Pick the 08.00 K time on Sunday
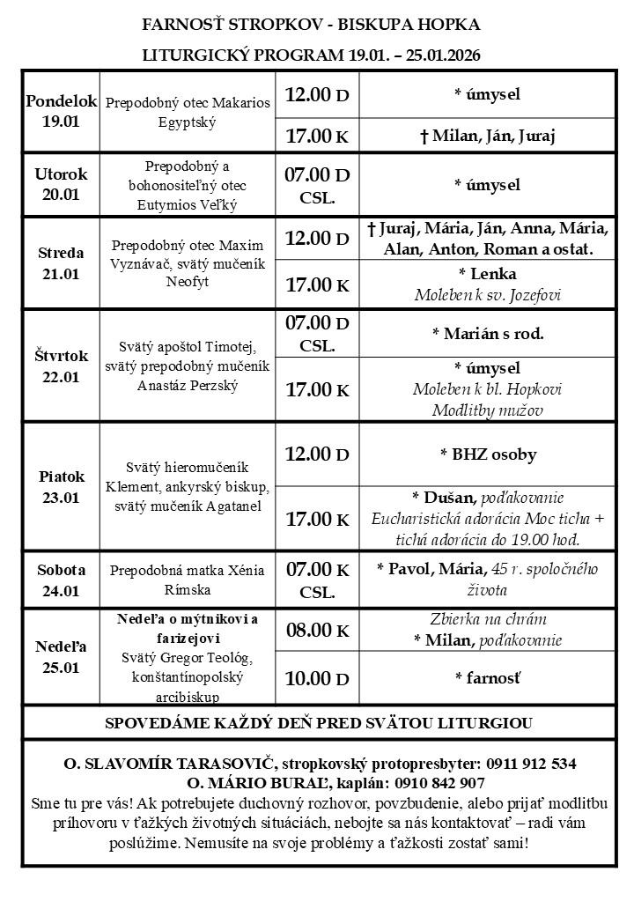pyautogui.click(x=316, y=630)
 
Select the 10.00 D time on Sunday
pyautogui.click(x=316, y=678)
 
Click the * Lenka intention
pyautogui.click(x=487, y=273)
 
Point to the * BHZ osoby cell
pyautogui.click(x=487, y=454)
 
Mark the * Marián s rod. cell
pyautogui.click(x=487, y=334)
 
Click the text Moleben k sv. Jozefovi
pyautogui.click(x=487, y=294)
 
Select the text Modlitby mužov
pyautogui.click(x=487, y=410)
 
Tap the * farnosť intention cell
pyautogui.click(x=487, y=678)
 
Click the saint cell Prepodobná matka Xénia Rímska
pyautogui.click(x=187, y=580)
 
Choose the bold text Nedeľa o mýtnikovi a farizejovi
pyautogui.click(x=187, y=628)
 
